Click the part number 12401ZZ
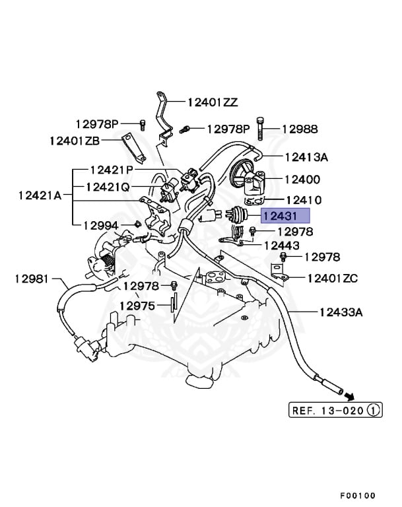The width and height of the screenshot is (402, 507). (212, 102)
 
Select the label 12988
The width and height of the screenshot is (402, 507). (300, 129)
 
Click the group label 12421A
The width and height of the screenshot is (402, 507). (40, 195)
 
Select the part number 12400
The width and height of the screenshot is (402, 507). (302, 179)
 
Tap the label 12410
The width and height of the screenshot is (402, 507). (303, 199)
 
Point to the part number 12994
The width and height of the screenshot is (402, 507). (100, 225)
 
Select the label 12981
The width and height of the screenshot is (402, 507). (32, 279)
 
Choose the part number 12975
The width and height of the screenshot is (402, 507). (137, 306)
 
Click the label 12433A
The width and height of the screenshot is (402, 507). (341, 312)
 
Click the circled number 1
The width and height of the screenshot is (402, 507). (374, 411)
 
